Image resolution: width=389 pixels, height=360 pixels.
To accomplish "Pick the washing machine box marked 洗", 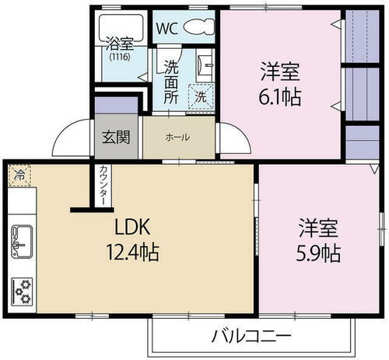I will pos(201,97).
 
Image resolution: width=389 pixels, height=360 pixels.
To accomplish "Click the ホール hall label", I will pos(177,137).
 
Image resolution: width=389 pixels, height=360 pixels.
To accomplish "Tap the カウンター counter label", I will pos(103,187).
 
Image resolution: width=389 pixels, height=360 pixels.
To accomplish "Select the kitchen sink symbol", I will pos(20,242).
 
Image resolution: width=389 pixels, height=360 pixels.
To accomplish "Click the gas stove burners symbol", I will pos(21,291).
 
